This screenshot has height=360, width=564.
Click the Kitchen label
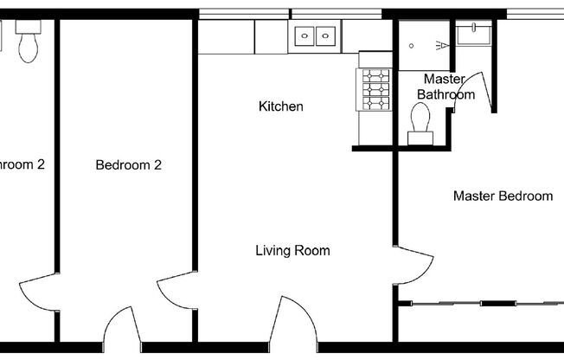281,106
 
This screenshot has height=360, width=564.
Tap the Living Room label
292,251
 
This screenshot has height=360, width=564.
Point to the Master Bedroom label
503,196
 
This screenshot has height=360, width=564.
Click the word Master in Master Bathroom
445,80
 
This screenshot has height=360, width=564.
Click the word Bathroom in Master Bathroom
445,94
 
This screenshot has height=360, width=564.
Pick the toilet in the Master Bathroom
422,119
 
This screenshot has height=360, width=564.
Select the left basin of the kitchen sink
305,36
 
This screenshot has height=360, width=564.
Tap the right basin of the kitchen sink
326,36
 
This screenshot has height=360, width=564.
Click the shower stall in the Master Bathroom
424,43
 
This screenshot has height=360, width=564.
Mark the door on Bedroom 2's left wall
40,294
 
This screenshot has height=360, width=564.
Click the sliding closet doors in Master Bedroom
480,303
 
